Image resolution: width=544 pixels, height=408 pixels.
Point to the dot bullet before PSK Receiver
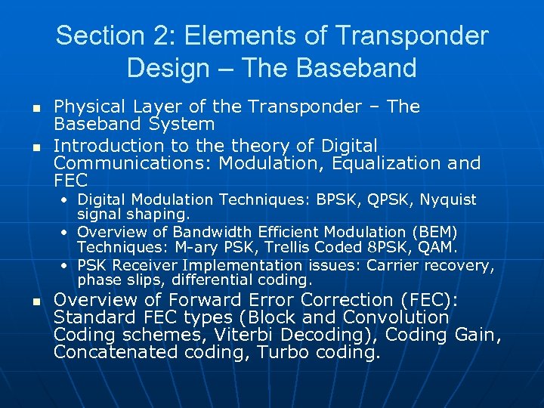pos(69,265)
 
